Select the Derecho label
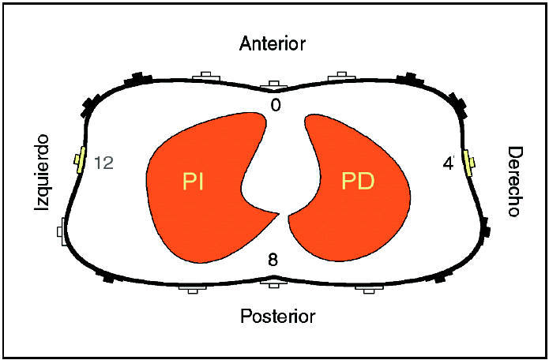515,182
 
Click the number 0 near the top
274,104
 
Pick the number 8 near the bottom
274,258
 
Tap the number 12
104,163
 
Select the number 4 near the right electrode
448,163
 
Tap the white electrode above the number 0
273,84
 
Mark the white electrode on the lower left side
62,232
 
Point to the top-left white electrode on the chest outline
209,76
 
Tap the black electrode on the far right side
487,230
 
